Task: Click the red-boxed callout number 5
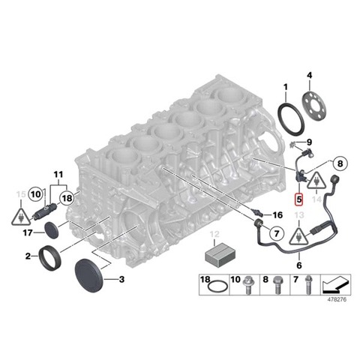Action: click(298, 199)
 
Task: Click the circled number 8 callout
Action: click(340, 163)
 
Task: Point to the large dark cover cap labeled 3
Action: click(88, 276)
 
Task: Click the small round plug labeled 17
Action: click(51, 230)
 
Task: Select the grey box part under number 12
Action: click(220, 256)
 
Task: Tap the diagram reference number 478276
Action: click(337, 299)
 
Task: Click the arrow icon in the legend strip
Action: click(335, 285)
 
